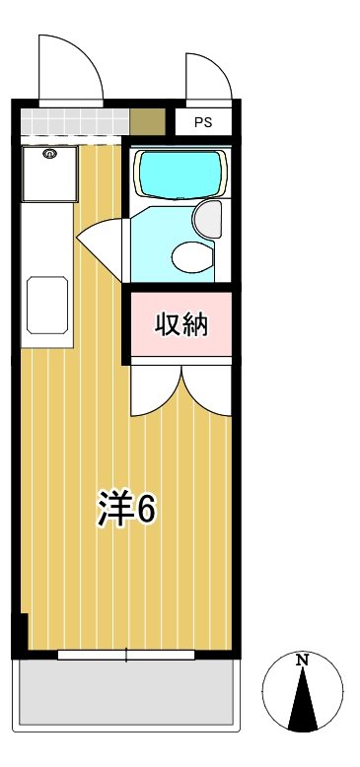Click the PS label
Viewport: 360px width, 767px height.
203,123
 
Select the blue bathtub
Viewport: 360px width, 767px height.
179,174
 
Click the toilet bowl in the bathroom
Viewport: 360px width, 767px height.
191,256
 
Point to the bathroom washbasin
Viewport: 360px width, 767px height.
209,218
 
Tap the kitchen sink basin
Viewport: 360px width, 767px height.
46,304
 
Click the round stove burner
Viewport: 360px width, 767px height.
50,154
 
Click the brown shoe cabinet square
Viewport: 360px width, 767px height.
147,122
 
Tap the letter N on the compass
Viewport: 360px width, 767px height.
304,660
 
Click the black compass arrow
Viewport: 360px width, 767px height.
304,700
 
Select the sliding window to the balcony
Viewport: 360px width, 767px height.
127,655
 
